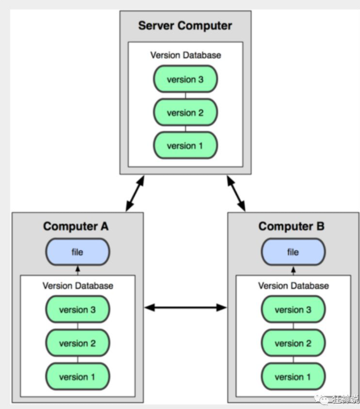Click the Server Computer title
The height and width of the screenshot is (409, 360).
pos(185,26)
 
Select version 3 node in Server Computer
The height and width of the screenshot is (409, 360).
pos(185,79)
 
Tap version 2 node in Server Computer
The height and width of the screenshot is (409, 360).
pos(185,112)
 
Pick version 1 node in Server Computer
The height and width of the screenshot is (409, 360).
pos(185,145)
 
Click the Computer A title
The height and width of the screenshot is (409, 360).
pos(76,226)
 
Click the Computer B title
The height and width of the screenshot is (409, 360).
pos(291,226)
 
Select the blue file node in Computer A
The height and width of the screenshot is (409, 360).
pos(77,252)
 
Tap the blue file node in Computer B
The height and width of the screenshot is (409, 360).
pos(293,252)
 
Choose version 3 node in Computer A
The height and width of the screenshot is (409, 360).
pos(77,309)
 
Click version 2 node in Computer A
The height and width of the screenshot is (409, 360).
pos(77,342)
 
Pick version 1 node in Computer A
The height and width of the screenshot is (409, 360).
pos(77,377)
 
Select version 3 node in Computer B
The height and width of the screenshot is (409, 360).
pos(293,309)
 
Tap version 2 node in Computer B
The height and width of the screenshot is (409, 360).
pos(293,342)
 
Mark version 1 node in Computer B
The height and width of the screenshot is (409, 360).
pos(293,377)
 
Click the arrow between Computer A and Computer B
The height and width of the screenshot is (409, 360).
pos(185,307)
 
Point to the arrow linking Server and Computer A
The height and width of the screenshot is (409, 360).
pos(135,194)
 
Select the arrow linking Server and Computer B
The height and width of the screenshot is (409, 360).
pos(236,194)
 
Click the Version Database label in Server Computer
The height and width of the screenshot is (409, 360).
pos(185,56)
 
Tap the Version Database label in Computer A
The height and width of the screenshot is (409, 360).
pos(77,286)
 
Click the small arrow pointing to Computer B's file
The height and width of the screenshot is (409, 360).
pos(293,270)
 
